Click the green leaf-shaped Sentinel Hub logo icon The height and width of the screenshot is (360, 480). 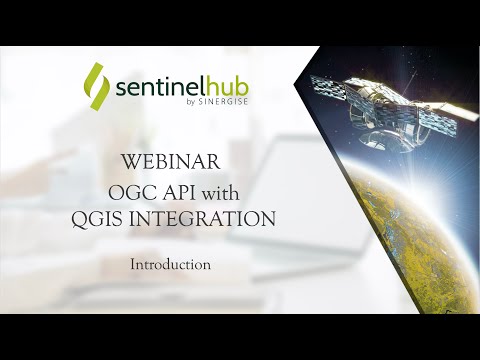[x=96, y=85]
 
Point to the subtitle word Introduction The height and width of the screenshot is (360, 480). [x=170, y=265]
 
